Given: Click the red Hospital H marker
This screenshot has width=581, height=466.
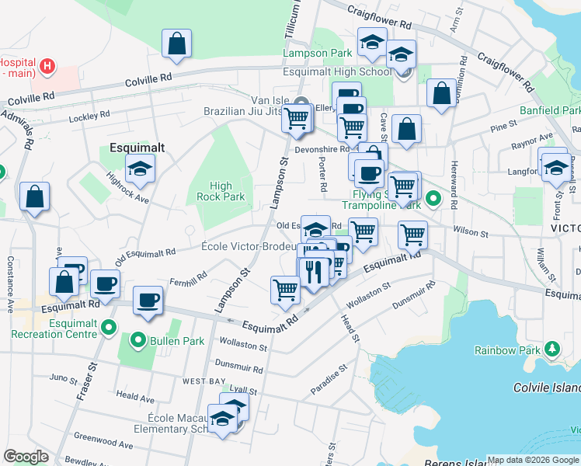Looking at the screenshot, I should tap(47, 66).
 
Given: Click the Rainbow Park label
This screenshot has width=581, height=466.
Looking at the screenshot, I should tap(507, 350).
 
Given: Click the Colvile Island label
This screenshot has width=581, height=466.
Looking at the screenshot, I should tap(547, 388).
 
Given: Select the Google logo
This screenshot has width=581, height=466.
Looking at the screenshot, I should tap(26, 457).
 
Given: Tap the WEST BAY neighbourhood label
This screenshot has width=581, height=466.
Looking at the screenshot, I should tap(204, 381).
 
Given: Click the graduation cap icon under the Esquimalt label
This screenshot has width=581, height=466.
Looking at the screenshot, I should tap(141, 169).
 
